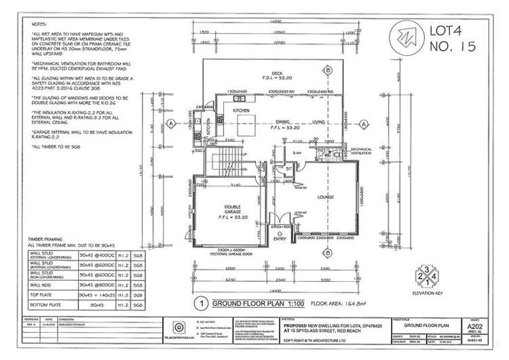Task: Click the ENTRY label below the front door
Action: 278,239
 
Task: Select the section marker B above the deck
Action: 327,71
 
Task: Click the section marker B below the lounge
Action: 327,251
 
